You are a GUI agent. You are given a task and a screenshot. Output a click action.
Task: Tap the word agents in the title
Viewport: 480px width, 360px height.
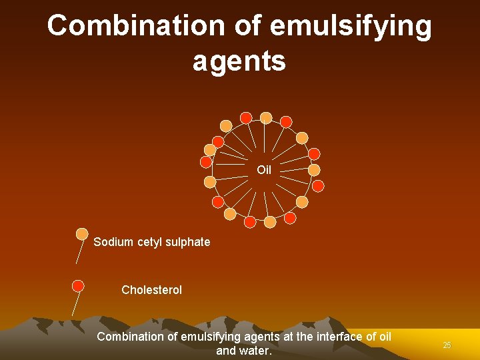[x=239, y=61]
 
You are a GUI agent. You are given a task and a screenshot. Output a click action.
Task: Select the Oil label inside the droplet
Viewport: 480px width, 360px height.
[x=264, y=170]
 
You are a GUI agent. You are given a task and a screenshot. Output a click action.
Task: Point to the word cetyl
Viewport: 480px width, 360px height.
[x=151, y=242]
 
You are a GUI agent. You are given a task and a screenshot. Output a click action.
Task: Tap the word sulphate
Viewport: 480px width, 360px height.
[x=189, y=242]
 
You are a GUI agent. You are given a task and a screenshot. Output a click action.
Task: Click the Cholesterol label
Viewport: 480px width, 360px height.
[x=151, y=290]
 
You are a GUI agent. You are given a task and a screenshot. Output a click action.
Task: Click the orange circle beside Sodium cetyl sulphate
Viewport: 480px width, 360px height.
[x=82, y=234]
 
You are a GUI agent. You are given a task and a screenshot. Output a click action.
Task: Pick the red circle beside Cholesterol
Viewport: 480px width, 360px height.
[x=78, y=286]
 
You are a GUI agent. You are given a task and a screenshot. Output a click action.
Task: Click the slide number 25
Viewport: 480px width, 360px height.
[x=447, y=345]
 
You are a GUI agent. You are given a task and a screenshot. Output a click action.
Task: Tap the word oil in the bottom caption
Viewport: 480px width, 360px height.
[x=384, y=337]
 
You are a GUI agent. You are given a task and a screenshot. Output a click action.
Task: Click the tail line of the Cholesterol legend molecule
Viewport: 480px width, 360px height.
[x=75, y=303]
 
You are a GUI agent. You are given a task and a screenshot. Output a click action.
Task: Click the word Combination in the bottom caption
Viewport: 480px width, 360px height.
[x=130, y=337]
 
